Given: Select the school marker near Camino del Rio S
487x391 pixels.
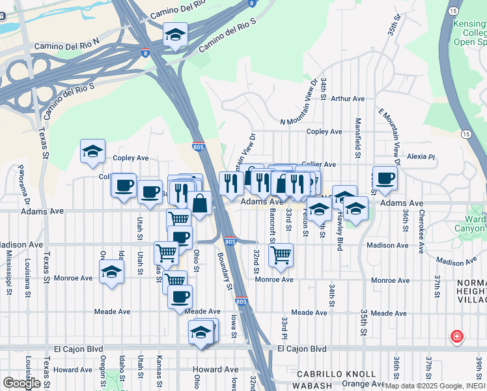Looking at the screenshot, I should [175, 35].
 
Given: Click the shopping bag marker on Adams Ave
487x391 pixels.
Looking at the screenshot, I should [201, 204].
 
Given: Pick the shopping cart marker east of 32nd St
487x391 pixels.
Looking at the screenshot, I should [281, 255].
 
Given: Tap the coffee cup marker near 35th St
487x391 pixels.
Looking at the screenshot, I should [385, 179].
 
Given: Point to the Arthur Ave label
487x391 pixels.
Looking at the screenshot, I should [347, 98].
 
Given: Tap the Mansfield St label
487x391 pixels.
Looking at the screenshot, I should [357, 138].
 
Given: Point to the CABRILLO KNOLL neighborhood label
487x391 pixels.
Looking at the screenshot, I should [336, 374].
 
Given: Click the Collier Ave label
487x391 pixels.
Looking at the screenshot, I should [319, 165].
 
